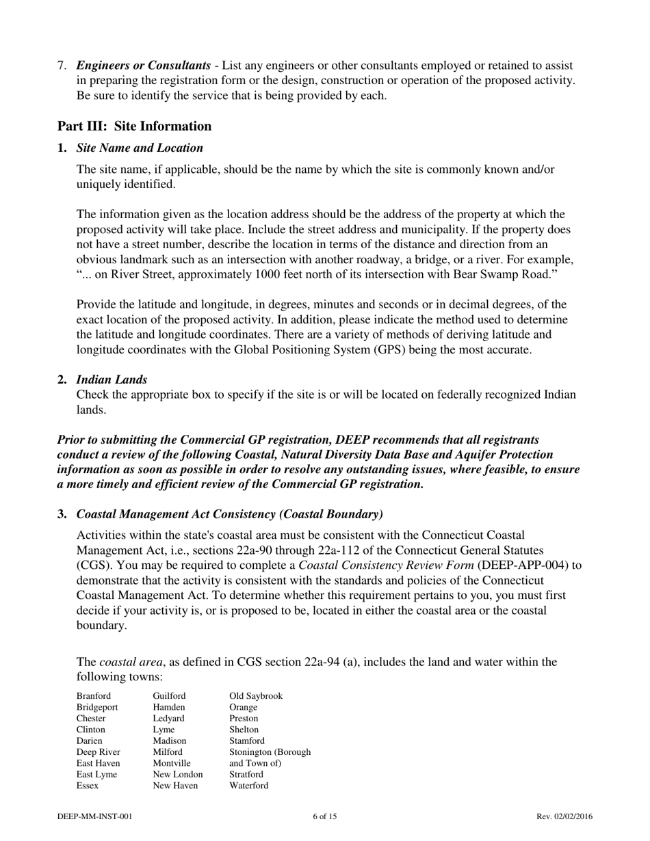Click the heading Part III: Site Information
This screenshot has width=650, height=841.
(x=134, y=126)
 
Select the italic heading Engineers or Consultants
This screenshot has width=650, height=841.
(x=143, y=66)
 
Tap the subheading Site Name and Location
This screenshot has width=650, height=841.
(x=140, y=148)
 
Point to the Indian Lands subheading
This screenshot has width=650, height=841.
(x=112, y=379)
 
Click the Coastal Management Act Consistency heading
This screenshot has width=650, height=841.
(x=229, y=514)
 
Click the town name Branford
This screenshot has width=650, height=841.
(x=94, y=696)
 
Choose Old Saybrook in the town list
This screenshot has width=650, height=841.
(x=255, y=696)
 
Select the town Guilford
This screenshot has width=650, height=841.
(x=169, y=696)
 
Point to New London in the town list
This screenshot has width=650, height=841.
(x=178, y=775)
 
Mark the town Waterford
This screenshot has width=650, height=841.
(x=248, y=786)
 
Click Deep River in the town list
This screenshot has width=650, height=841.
(x=98, y=752)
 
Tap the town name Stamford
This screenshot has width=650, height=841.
(x=246, y=741)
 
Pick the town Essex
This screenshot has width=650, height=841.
(x=88, y=786)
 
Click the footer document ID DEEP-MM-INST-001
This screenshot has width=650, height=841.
(x=95, y=816)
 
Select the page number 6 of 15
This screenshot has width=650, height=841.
(x=325, y=816)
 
